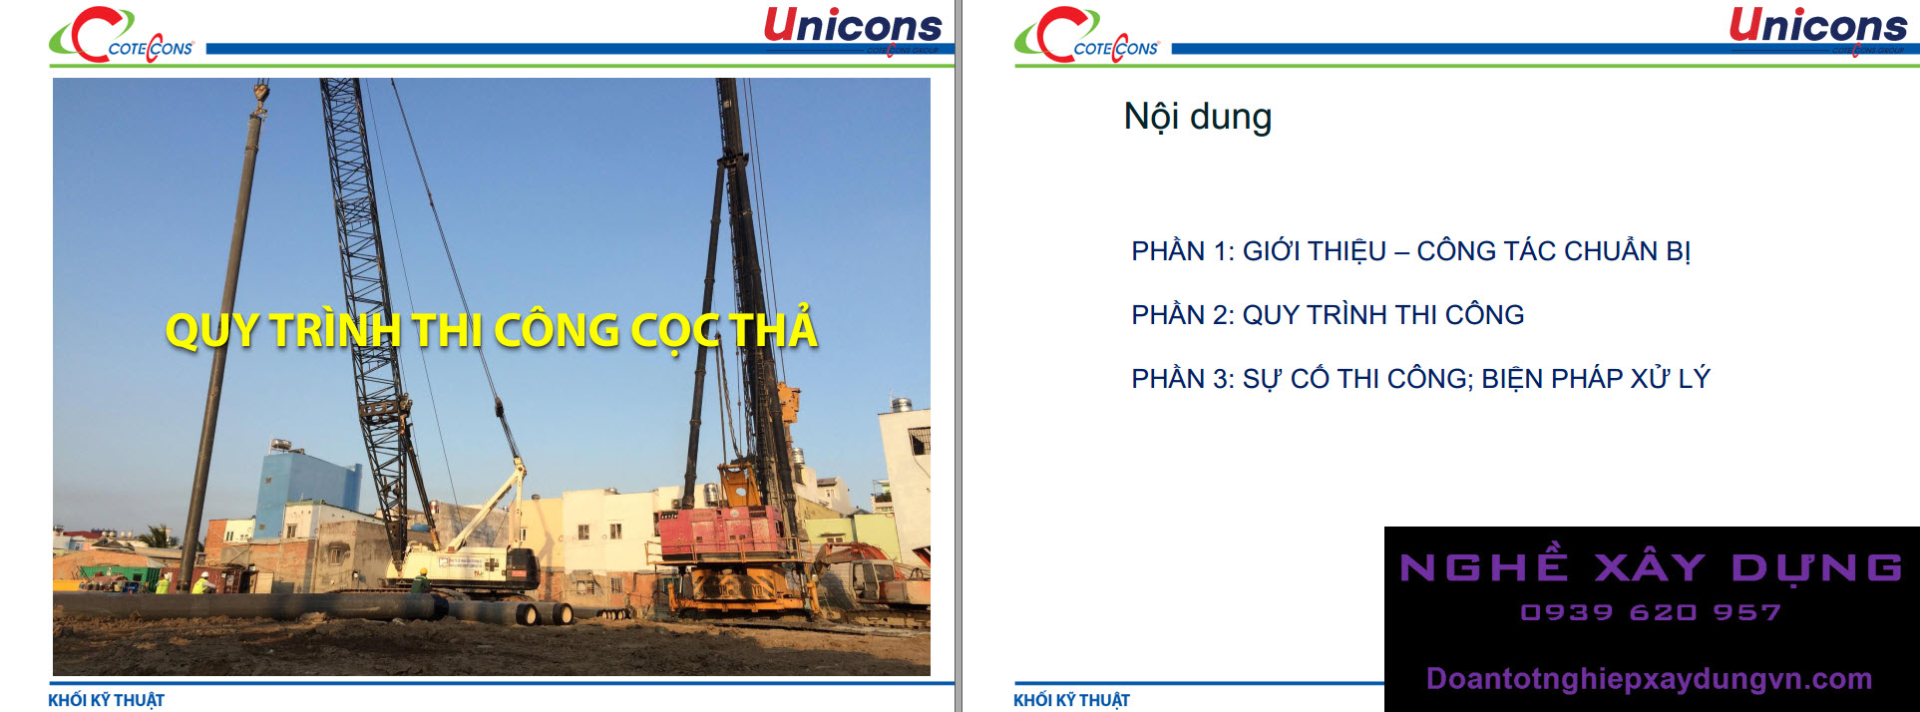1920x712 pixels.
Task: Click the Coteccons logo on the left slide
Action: [x=122, y=36]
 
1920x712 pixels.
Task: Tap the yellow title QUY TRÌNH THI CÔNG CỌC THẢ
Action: [x=492, y=330]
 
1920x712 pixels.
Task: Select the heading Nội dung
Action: [x=1198, y=117]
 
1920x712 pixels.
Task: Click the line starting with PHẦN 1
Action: [x=1410, y=251]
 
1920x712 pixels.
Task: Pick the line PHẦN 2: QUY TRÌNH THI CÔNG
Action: [x=1328, y=315]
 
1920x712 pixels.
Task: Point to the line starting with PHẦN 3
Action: [x=1420, y=379]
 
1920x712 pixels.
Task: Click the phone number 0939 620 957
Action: [x=1651, y=612]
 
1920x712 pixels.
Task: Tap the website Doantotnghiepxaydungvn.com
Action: [x=1649, y=679]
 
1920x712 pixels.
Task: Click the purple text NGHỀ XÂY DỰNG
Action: [x=1651, y=565]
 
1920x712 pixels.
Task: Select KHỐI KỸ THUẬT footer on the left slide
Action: [x=106, y=700]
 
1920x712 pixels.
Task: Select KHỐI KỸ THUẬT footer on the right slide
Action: [x=1071, y=700]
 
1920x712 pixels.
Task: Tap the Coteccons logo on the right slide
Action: [x=1087, y=36]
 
